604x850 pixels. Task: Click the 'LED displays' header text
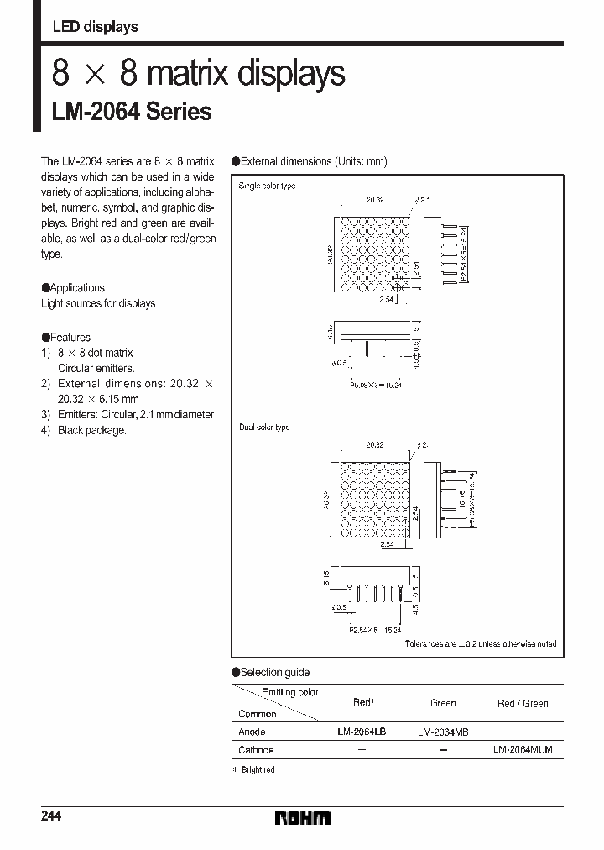tap(95, 27)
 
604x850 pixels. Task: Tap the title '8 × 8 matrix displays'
tap(198, 74)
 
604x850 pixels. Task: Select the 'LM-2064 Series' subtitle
tap(132, 112)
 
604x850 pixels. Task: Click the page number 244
tap(51, 816)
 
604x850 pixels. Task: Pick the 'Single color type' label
tap(267, 185)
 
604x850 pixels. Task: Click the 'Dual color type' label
tap(264, 428)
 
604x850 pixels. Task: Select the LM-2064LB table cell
tap(362, 732)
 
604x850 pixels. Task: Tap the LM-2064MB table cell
tap(443, 732)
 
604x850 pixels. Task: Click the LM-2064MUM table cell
tap(523, 749)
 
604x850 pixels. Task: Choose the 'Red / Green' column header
tap(523, 703)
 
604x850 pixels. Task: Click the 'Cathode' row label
tap(256, 750)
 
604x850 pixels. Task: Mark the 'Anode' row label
tap(252, 732)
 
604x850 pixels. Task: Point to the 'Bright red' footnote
tap(255, 769)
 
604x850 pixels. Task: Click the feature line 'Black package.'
tap(92, 430)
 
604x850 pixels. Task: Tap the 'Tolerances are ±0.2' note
tap(480, 643)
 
